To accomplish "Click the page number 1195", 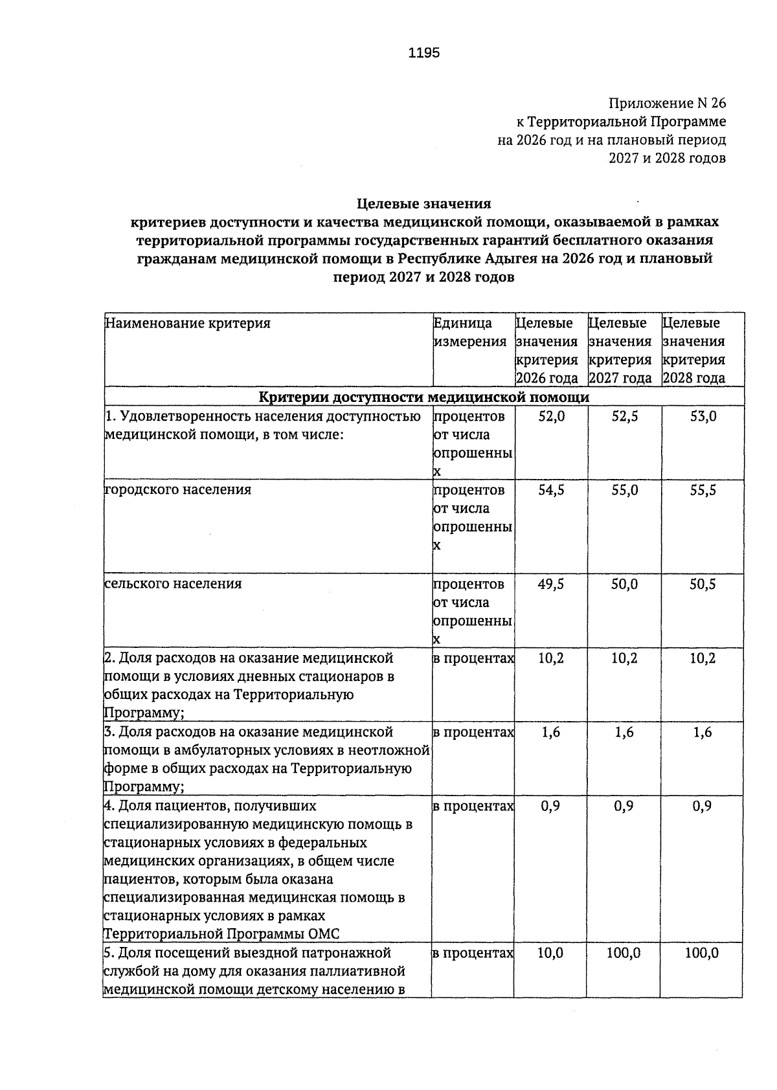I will [424, 53].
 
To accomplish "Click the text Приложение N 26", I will [667, 103].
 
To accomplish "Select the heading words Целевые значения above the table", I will [424, 204].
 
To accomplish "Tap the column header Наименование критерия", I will [188, 323].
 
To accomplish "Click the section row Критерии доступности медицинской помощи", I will [424, 397].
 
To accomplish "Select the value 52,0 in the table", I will [552, 417].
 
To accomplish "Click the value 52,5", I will [625, 417].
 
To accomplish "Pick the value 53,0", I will [703, 417].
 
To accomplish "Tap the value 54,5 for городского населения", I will [552, 491].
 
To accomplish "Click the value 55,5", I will [703, 491].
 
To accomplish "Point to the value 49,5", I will [552, 584].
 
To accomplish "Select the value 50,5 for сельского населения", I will [703, 584].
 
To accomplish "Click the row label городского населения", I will [178, 490].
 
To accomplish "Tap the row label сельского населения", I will [174, 584].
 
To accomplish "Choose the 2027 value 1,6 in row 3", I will [625, 732].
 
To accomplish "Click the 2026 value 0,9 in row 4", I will [552, 806].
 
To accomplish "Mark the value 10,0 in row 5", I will [552, 953].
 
